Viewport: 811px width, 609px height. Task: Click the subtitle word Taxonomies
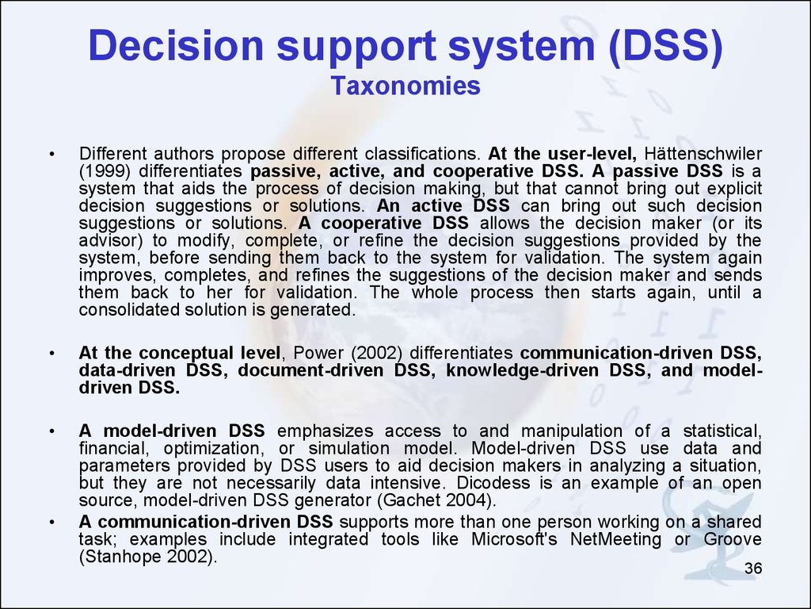[x=405, y=86]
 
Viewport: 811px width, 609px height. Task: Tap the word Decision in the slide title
[x=177, y=45]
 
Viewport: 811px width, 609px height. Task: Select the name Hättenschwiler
[x=703, y=154]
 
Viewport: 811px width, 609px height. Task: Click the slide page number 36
[x=753, y=568]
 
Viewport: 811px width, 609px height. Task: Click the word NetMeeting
[x=615, y=539]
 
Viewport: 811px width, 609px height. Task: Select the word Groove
[x=733, y=539]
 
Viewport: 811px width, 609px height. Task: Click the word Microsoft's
[x=514, y=539]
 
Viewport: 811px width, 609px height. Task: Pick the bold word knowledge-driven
[x=523, y=371]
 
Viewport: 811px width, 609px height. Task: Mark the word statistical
[x=722, y=431]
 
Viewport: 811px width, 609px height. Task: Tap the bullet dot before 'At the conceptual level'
[x=51, y=354]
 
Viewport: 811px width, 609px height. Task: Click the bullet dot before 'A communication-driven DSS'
[x=51, y=522]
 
